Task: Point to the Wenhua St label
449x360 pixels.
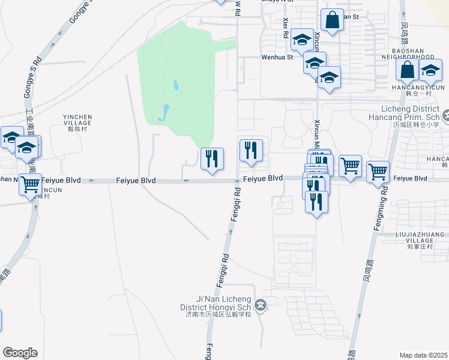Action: pyautogui.click(x=276, y=58)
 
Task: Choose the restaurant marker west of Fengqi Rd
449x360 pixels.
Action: pyautogui.click(x=211, y=159)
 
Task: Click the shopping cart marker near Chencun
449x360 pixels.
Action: pyautogui.click(x=31, y=184)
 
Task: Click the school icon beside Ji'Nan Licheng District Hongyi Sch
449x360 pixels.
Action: pyautogui.click(x=260, y=305)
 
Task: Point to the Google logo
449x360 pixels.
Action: pyautogui.click(x=20, y=353)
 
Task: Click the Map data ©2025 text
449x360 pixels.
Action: pyautogui.click(x=423, y=355)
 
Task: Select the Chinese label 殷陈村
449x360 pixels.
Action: pyautogui.click(x=77, y=128)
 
